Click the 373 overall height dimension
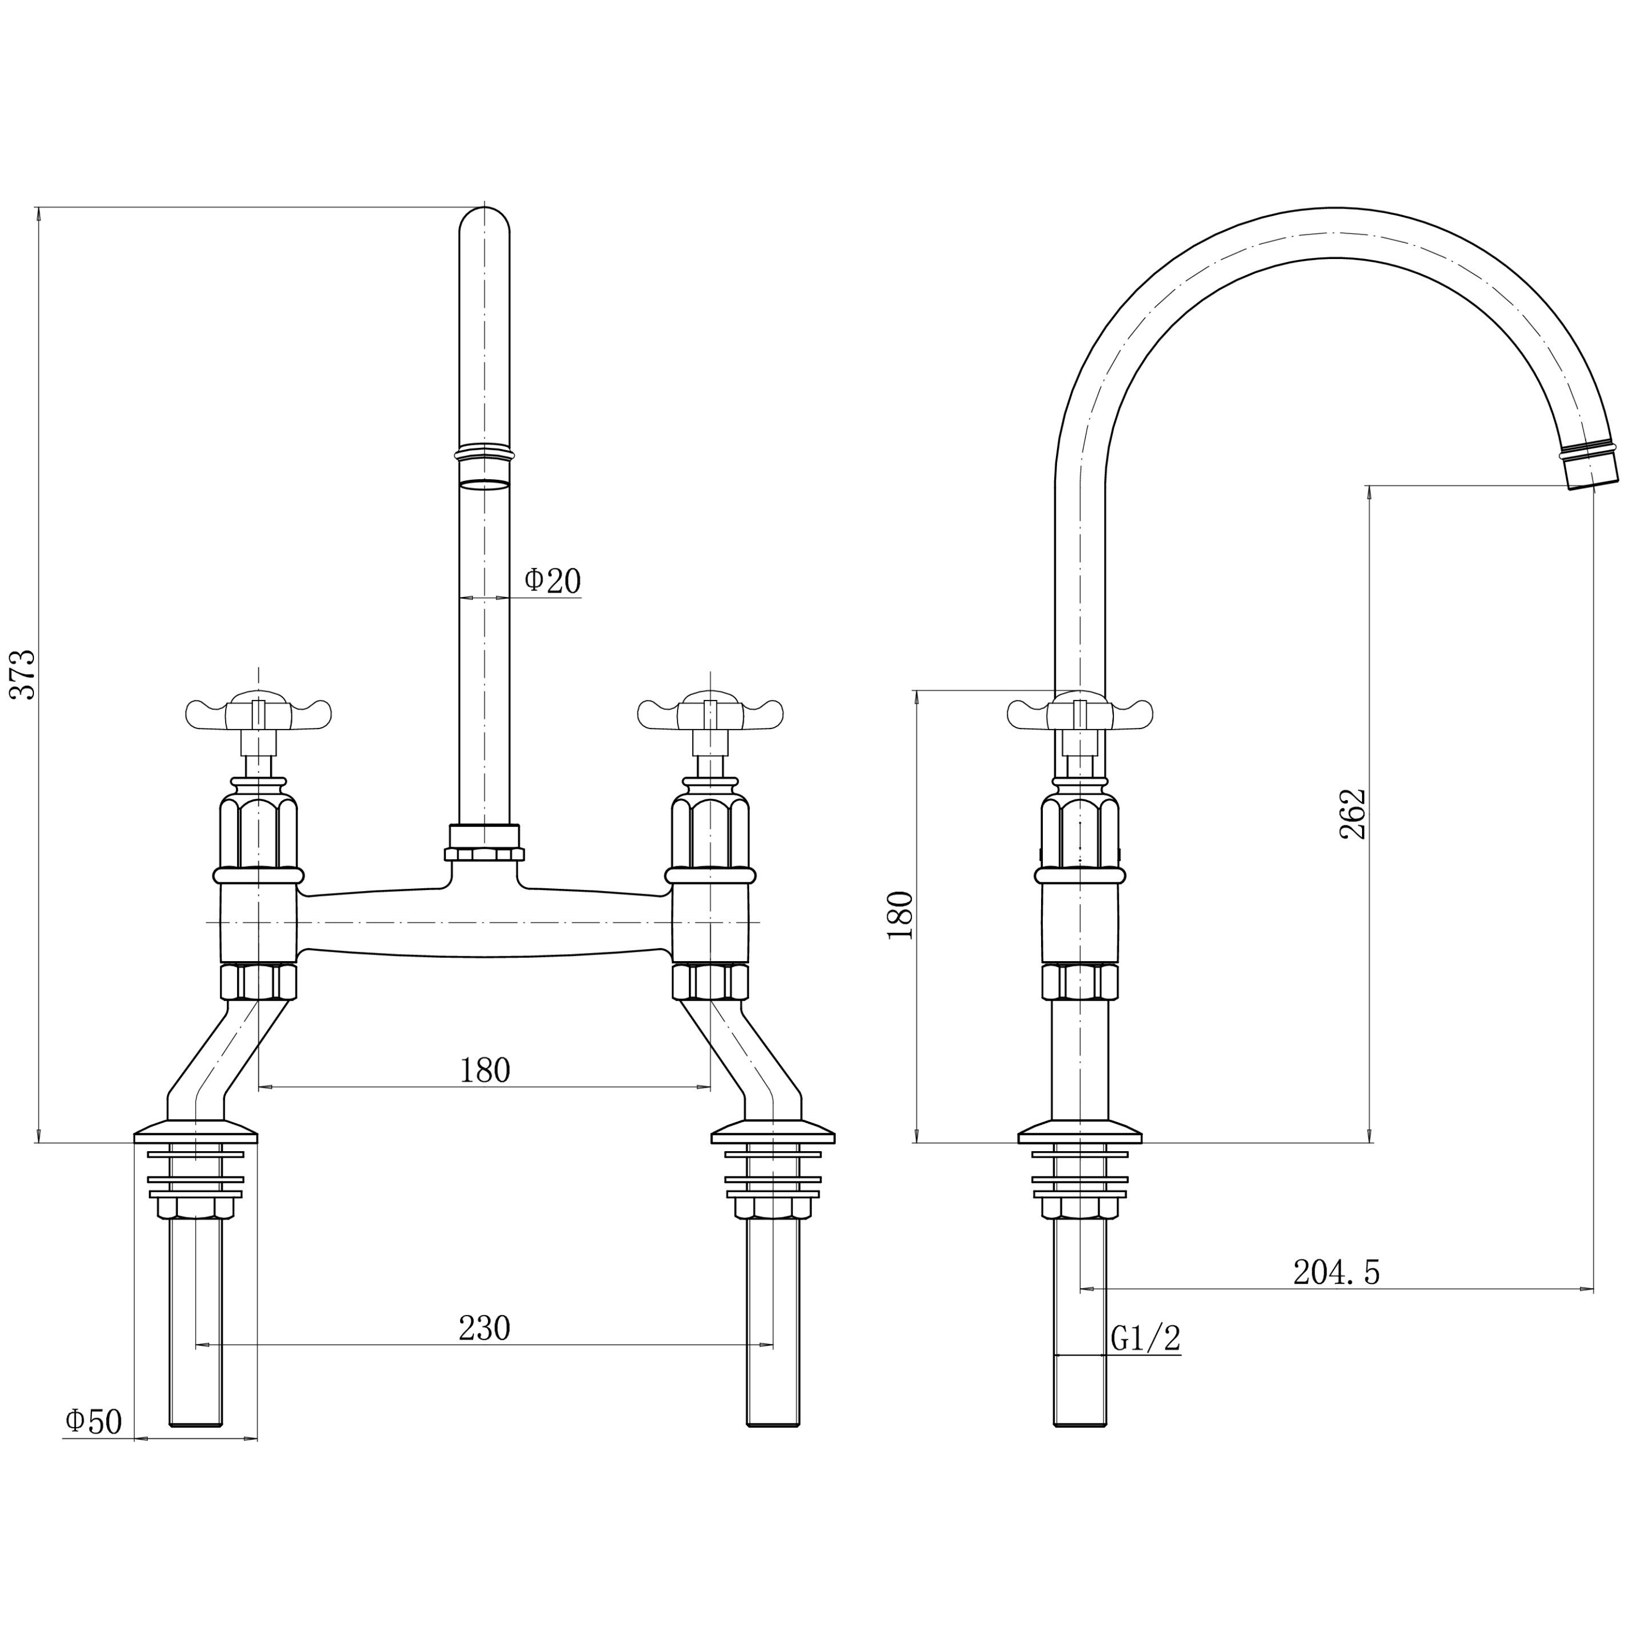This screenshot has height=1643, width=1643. coord(24,674)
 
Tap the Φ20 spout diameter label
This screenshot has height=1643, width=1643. coord(553,581)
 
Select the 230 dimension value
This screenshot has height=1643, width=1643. coord(485,1328)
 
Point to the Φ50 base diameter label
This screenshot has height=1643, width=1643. coord(94,1421)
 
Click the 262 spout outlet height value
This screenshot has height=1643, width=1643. coord(1353,814)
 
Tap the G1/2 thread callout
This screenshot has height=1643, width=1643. coord(1146,1338)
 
